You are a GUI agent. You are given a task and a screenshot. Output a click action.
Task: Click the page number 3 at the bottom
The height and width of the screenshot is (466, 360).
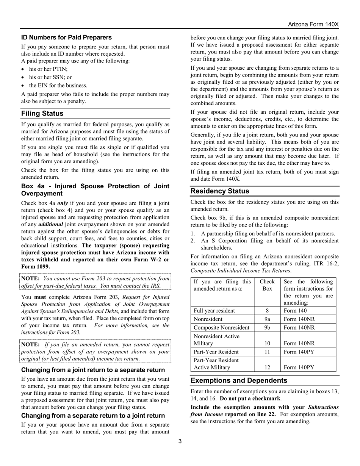180,441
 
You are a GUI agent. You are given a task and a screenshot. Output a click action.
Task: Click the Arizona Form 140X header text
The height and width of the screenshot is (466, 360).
313,24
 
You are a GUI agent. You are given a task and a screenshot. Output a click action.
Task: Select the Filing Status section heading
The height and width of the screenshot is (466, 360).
42,113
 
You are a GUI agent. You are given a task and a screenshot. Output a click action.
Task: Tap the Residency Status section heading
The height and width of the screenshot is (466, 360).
220,191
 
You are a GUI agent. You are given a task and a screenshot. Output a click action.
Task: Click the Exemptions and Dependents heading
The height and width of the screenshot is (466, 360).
239,380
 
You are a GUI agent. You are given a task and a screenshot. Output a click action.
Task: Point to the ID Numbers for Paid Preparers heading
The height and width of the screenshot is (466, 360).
66,37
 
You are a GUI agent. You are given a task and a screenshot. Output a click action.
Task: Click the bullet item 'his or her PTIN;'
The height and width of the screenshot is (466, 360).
49,69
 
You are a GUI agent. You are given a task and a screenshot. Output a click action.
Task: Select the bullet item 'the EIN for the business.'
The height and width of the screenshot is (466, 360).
58,85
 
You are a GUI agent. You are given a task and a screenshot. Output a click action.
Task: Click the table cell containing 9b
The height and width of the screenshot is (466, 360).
267,327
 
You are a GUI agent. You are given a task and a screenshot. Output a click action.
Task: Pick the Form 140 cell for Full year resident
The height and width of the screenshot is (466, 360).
295,311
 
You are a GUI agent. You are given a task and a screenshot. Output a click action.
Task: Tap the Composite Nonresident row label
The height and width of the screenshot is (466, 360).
221,327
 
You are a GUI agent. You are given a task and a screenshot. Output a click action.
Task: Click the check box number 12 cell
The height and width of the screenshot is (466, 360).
267,367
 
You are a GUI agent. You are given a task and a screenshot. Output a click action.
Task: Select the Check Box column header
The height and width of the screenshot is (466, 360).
267,285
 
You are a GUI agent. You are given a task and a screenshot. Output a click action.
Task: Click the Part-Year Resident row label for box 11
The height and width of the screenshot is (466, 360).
216,352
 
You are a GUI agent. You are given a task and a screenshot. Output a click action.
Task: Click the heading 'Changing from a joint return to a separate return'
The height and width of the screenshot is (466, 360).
93,370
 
